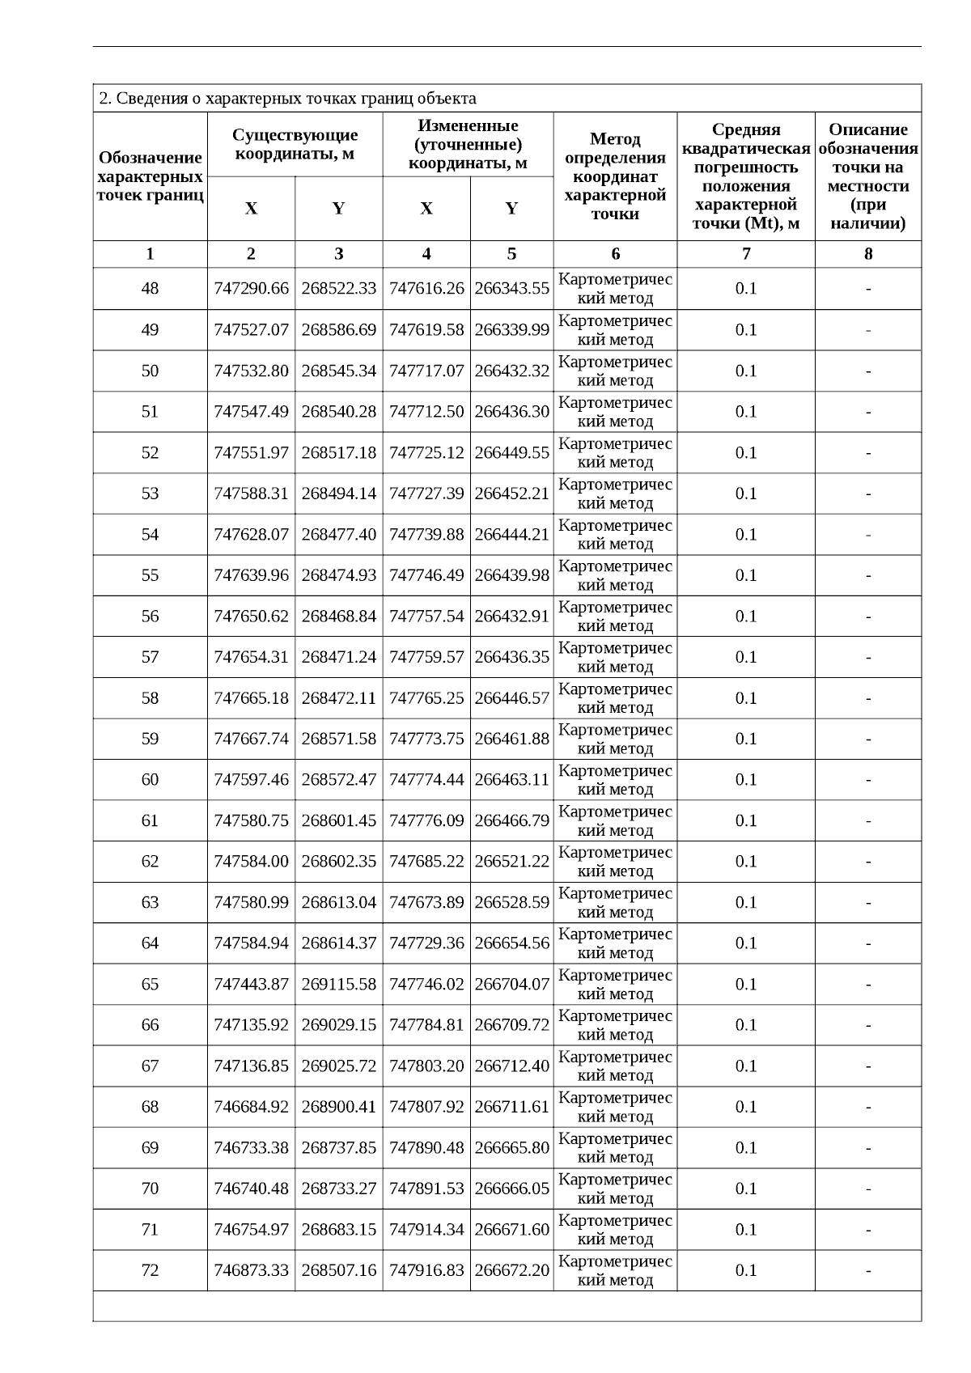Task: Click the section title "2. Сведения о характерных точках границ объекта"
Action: click(x=287, y=99)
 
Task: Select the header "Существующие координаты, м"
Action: click(x=295, y=144)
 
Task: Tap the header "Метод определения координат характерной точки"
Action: click(x=615, y=176)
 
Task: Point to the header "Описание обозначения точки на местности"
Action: click(x=867, y=176)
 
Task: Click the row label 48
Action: click(x=150, y=289)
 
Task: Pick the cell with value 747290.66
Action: click(x=251, y=289)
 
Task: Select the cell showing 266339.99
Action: click(x=511, y=330)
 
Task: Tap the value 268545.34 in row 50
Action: click(x=338, y=371)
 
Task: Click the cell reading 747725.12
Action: click(x=426, y=453)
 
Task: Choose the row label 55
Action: click(x=150, y=575)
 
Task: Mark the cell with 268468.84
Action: click(x=338, y=617)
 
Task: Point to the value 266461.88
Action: click(x=511, y=739)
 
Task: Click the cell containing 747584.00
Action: click(x=251, y=862)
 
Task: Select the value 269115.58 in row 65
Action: click(x=338, y=985)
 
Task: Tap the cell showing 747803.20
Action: click(x=426, y=1066)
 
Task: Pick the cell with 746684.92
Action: click(x=251, y=1107)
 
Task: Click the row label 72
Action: click(x=150, y=1270)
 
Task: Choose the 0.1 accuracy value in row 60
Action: click(x=745, y=780)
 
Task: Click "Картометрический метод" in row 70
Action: click(x=615, y=1189)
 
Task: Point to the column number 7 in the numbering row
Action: click(x=745, y=254)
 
